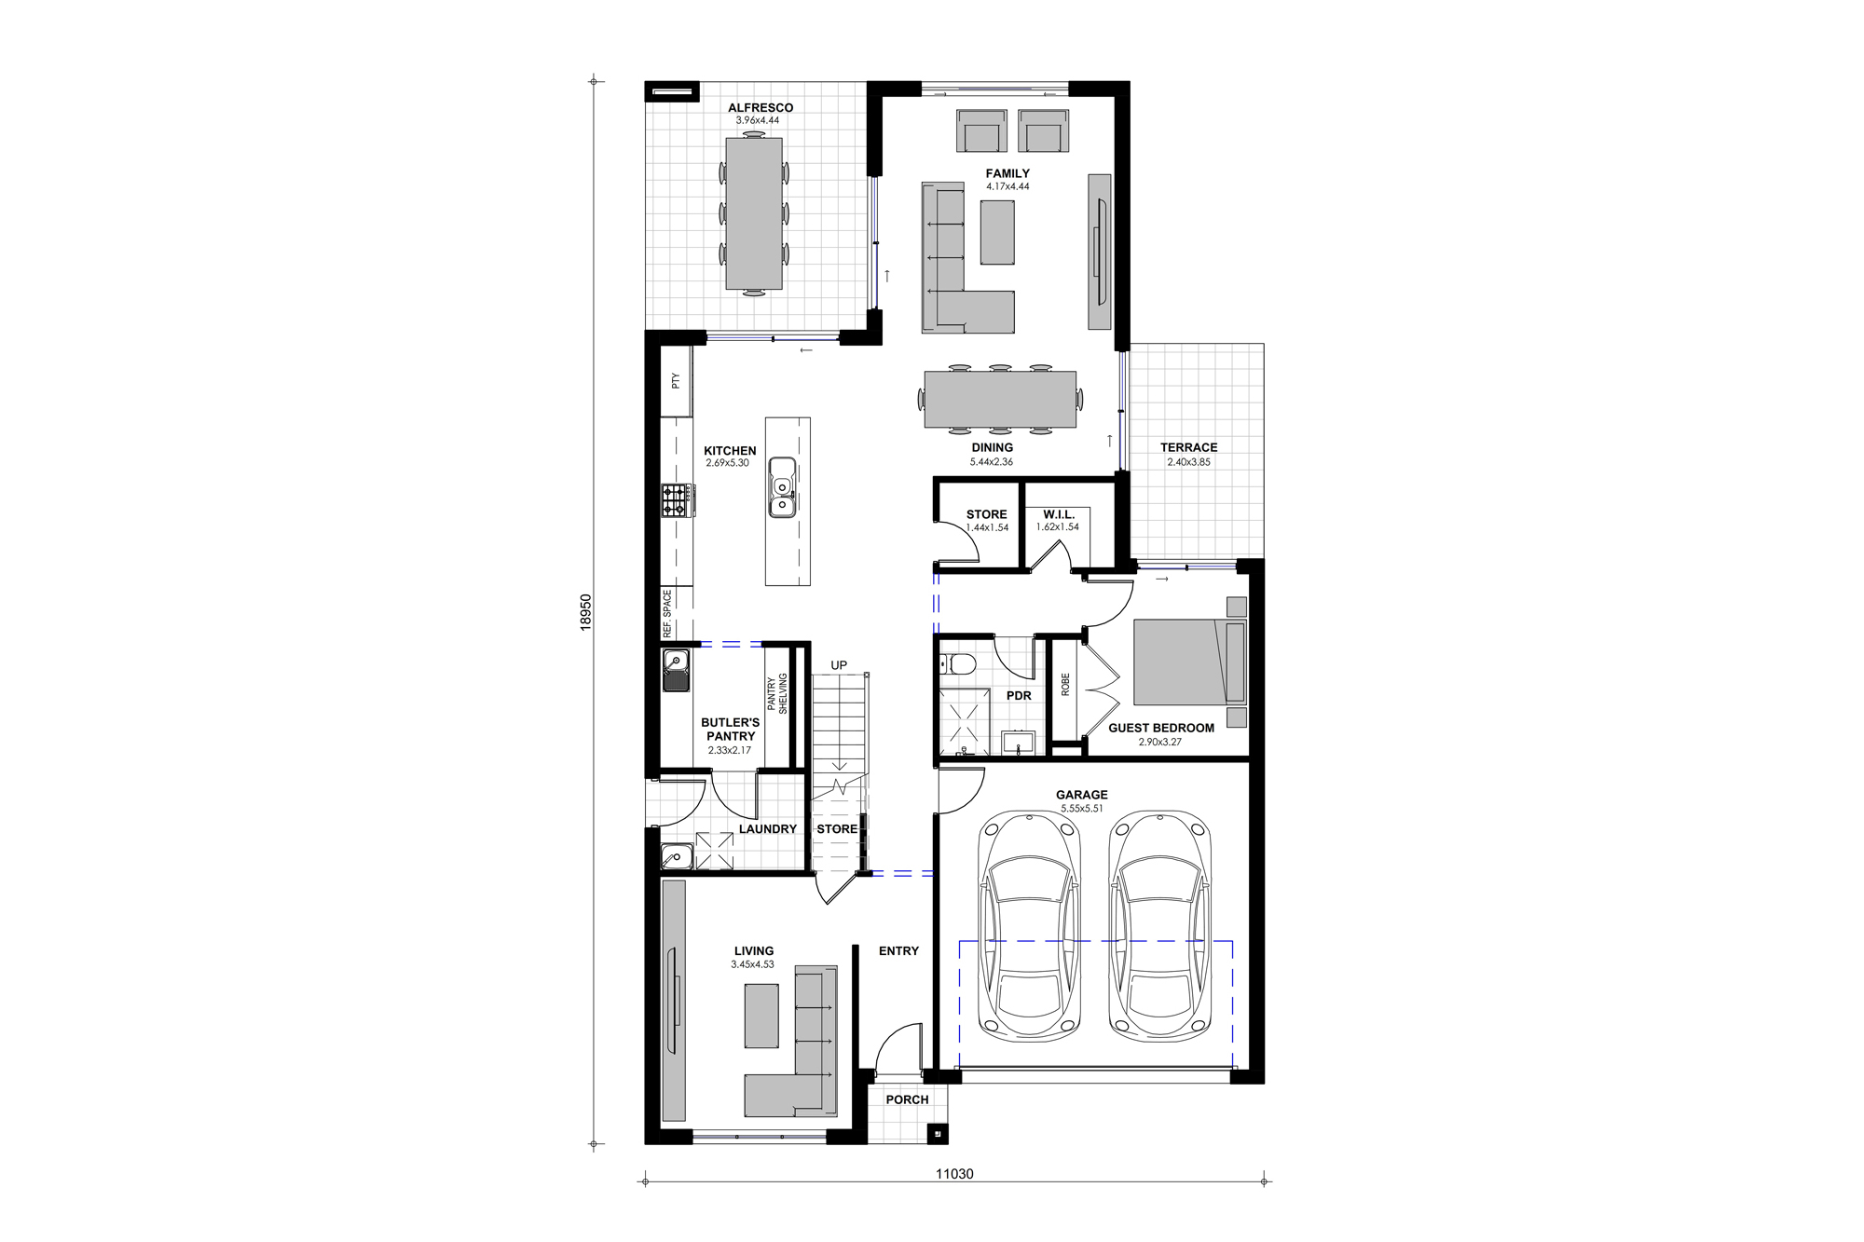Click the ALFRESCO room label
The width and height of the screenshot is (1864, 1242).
pos(761,108)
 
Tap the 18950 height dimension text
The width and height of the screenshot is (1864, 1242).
pos(585,612)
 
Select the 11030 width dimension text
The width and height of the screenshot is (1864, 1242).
pos(954,1174)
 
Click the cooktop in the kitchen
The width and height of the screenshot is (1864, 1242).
pos(676,500)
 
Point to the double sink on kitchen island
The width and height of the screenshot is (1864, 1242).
pos(782,487)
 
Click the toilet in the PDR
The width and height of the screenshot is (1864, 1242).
pos(959,664)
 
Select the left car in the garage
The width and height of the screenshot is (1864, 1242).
pos(1029,926)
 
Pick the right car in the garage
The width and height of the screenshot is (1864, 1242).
pos(1159,926)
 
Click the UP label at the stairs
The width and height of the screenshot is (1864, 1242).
pos(839,665)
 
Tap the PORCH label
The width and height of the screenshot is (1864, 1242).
pos(907,1099)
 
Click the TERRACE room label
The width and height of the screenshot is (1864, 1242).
pos(1188,447)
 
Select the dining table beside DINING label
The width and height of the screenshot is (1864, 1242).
pos(999,399)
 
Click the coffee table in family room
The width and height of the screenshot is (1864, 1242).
pos(997,233)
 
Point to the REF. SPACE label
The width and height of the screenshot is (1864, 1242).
pos(667,613)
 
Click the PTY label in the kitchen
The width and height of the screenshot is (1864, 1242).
pos(676,380)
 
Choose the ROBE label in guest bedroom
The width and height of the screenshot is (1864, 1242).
pos(1065,685)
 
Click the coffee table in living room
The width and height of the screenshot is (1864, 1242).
pos(761,1016)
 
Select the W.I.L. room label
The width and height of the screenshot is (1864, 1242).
pos(1058,514)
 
